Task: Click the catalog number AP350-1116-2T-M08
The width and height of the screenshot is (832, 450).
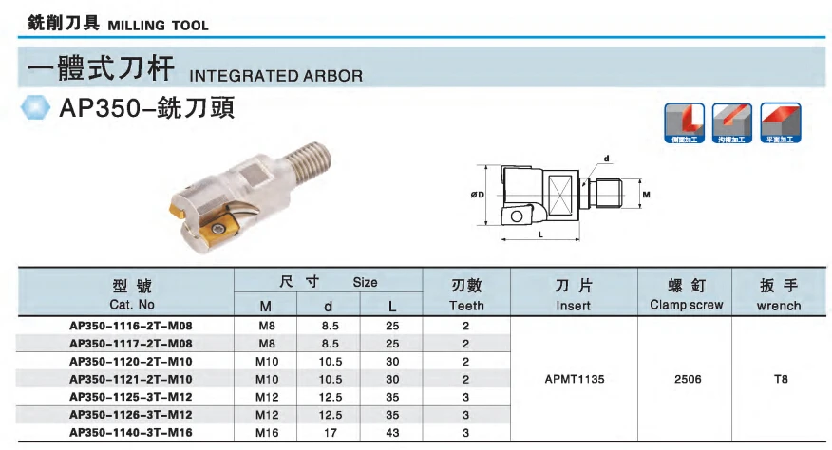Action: coord(132,326)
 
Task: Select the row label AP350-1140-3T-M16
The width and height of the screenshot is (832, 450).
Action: coord(132,433)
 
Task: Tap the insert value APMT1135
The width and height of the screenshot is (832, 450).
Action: coord(574,379)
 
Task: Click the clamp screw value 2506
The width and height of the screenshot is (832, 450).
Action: coord(687,379)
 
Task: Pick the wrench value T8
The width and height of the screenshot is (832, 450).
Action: coord(780,379)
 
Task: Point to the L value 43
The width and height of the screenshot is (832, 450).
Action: coord(392,433)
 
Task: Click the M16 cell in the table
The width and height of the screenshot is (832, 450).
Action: coord(266,433)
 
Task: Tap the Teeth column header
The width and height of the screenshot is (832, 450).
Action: coord(466,306)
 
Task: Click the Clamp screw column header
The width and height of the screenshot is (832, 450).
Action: coord(687,305)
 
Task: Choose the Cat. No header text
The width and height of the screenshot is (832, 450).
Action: coord(132,305)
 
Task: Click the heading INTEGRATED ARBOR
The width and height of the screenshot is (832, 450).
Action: coord(276,75)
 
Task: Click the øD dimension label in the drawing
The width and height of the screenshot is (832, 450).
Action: coord(478,196)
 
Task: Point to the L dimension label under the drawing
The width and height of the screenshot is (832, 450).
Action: coord(539,233)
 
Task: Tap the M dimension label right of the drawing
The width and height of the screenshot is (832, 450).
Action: coord(646,194)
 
